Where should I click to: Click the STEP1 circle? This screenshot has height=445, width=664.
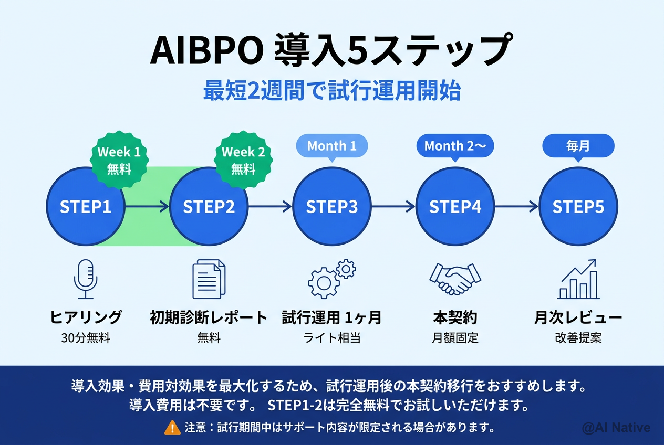click(86, 206)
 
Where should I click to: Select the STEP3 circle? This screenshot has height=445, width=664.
click(332, 206)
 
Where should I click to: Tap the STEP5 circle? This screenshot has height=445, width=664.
click(578, 206)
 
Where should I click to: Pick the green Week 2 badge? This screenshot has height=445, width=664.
click(243, 160)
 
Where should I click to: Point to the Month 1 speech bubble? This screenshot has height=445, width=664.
click(332, 146)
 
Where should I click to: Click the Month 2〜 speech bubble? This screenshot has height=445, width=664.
click(455, 146)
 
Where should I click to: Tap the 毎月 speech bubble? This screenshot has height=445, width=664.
click(578, 146)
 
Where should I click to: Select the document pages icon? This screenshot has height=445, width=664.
click(209, 280)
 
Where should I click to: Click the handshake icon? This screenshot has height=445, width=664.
click(455, 279)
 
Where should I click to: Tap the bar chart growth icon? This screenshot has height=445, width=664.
click(578, 280)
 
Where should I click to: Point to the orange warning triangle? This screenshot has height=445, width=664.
click(172, 428)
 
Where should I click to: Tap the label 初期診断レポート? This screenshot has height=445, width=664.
click(209, 317)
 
